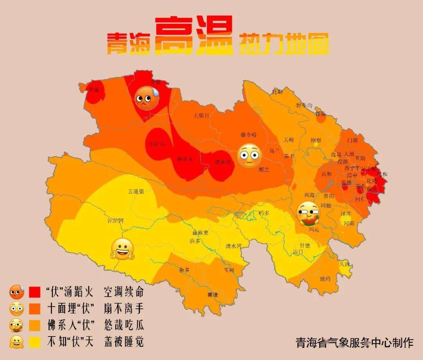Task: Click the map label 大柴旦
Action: [x=202, y=115]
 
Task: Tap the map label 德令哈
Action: [x=249, y=135]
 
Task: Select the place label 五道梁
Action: [x=136, y=192]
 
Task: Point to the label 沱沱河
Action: [x=116, y=221]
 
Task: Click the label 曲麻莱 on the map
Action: [x=200, y=233]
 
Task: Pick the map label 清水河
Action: [x=233, y=246]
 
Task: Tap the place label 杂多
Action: [x=184, y=270]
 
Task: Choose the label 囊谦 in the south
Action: [x=213, y=295]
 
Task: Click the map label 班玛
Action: [x=325, y=279]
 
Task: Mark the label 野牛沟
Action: [x=304, y=106]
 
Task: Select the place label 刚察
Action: [x=316, y=140]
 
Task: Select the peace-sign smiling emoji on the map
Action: [x=123, y=249]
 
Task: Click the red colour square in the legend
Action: [x=35, y=292]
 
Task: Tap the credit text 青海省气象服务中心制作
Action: [x=354, y=343]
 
